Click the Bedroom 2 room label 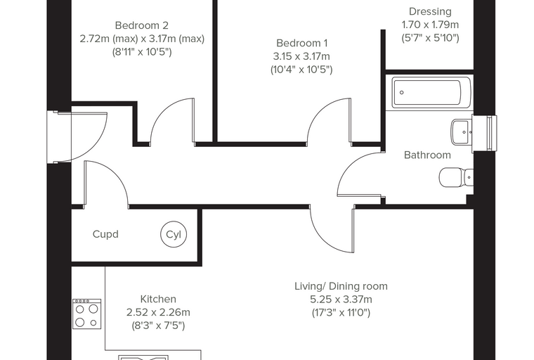(142, 25)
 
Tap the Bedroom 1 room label (301, 44)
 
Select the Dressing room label (430, 12)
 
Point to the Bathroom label (427, 155)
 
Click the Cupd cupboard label (105, 235)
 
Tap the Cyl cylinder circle (174, 235)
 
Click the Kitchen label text (158, 300)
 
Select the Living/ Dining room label (341, 286)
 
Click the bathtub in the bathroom (431, 93)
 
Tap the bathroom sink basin (462, 132)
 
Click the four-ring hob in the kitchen (87, 314)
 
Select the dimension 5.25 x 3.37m (341, 300)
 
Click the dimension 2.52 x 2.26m (158, 313)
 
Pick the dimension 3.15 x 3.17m (301, 56)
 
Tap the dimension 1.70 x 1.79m (430, 25)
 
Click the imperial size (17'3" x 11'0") (341, 313)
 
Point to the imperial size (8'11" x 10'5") (142, 52)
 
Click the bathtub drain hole (402, 92)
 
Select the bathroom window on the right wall (484, 134)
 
